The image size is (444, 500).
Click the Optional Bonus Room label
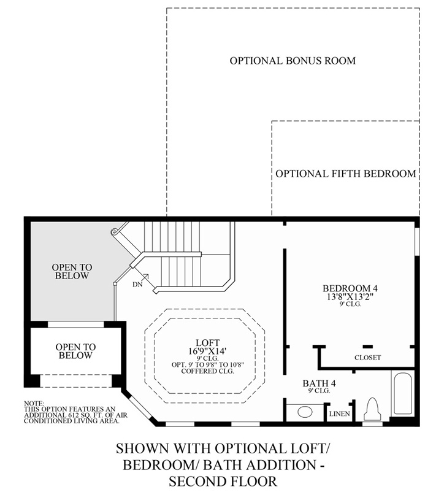click(x=293, y=61)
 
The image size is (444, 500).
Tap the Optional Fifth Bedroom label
click(x=346, y=174)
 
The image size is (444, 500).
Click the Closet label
click(x=367, y=358)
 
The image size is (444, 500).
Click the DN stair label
click(x=137, y=284)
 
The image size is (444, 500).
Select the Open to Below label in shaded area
click(x=72, y=271)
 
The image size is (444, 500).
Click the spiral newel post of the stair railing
click(x=114, y=232)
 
